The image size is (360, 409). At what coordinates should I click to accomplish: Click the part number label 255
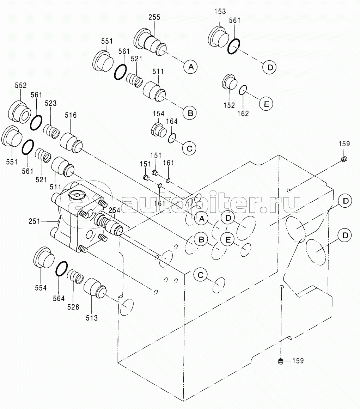[x=154, y=17]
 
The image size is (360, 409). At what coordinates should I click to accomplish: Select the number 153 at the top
[x=220, y=12]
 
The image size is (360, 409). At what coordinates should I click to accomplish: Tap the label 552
[x=20, y=85]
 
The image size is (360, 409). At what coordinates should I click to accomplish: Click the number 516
[x=71, y=115]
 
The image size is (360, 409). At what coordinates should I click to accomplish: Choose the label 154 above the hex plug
[x=158, y=114]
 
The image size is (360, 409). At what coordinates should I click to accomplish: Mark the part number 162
[x=243, y=114]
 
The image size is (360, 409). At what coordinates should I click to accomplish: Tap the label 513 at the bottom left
[x=92, y=318]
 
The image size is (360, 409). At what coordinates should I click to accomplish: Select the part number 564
[x=59, y=298]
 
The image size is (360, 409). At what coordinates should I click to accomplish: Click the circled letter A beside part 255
[x=191, y=67]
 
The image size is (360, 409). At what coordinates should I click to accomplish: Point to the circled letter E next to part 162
[x=266, y=104]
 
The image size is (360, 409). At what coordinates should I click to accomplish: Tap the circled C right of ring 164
[x=189, y=148]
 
